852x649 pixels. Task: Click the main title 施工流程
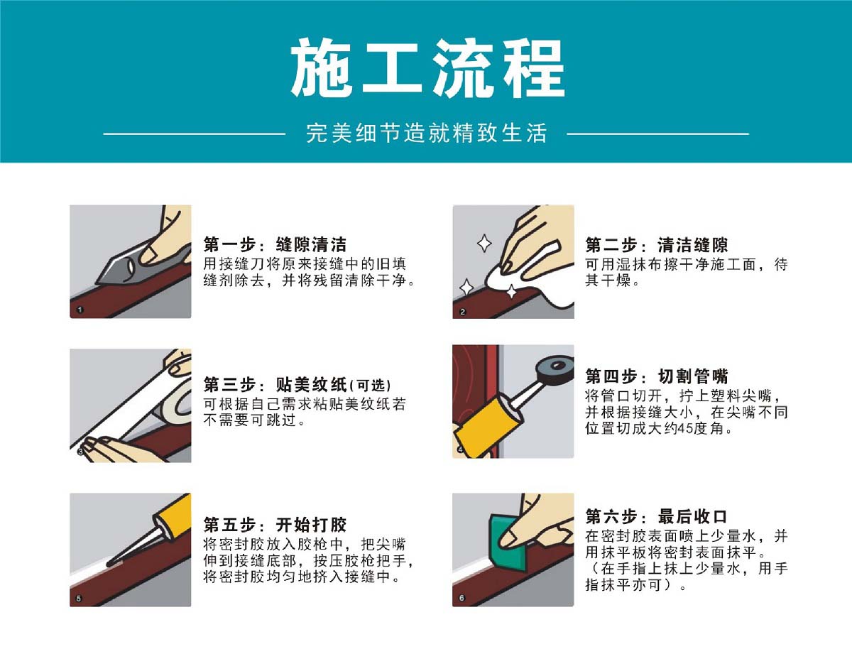(427, 67)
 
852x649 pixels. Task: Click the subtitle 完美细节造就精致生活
(426, 133)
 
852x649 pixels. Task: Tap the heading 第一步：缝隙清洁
(275, 244)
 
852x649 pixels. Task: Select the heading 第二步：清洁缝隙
(657, 244)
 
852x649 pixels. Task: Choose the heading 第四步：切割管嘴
(657, 376)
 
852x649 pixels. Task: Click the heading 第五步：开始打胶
(275, 525)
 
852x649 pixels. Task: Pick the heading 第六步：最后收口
(656, 516)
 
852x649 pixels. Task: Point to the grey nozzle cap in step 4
(555, 371)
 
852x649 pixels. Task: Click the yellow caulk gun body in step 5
(173, 514)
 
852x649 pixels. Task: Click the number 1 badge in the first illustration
(80, 310)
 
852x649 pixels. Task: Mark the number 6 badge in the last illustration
(462, 598)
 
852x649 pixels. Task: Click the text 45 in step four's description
(685, 428)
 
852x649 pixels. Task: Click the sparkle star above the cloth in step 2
(484, 244)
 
